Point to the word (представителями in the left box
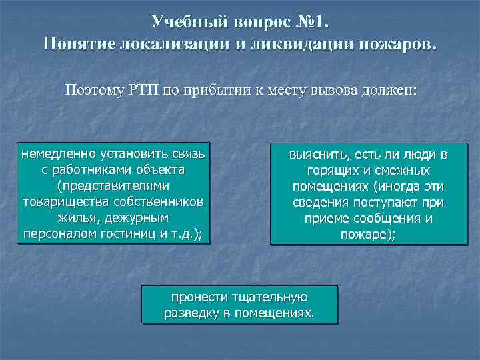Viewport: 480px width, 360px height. [x=113, y=186]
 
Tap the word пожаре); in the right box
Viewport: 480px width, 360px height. [x=367, y=233]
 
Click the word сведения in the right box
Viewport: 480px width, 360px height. [x=318, y=202]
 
